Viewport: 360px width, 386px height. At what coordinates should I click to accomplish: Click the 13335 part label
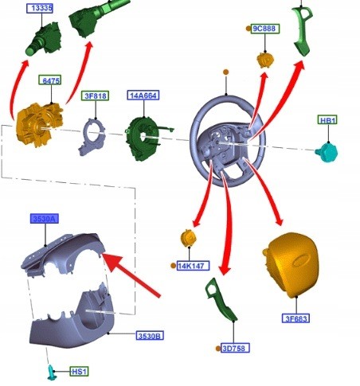(40, 8)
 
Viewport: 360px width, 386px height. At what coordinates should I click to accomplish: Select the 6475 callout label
(50, 80)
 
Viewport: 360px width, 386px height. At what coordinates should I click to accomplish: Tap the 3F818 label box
(95, 96)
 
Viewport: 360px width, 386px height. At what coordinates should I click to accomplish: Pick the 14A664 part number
(143, 96)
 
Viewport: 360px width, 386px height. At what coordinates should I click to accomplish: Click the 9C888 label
(265, 29)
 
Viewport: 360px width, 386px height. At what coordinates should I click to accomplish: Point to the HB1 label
(327, 120)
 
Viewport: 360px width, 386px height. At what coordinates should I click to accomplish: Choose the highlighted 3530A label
(45, 219)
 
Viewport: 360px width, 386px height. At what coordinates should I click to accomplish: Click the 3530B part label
(150, 336)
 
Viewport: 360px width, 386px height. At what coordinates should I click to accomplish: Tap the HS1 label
(79, 372)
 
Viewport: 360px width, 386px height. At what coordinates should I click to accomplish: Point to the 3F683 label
(295, 318)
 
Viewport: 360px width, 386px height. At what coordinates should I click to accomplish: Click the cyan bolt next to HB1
(327, 152)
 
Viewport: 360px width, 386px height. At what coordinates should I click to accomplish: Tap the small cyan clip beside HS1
(51, 372)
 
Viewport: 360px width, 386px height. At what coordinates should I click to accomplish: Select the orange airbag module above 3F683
(292, 264)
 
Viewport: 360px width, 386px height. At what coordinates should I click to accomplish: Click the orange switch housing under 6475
(39, 124)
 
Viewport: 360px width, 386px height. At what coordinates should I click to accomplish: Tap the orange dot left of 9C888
(248, 29)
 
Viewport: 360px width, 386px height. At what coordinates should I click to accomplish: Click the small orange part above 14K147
(188, 238)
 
